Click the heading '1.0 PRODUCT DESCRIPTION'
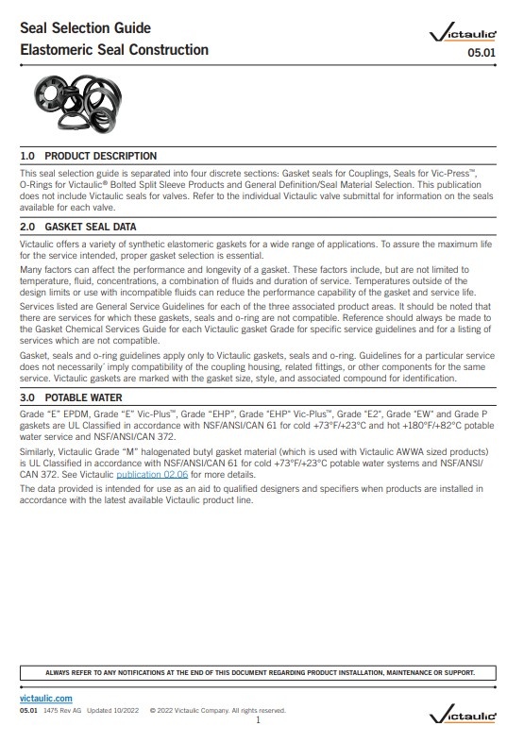point(89,156)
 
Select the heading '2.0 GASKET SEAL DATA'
point(78,227)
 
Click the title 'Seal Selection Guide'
point(84,28)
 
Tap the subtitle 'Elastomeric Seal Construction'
point(114,50)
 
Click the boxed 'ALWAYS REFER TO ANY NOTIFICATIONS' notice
point(260,673)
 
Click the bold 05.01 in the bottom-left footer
point(28,709)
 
